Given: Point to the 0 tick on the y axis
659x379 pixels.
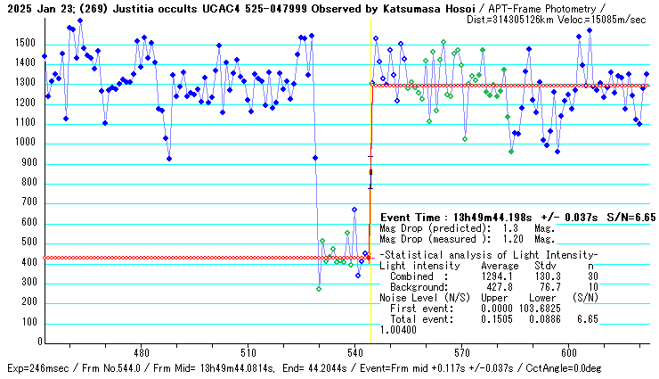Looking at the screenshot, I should pyautogui.click(x=36, y=342).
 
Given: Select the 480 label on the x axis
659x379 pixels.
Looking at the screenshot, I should pyautogui.click(x=141, y=351).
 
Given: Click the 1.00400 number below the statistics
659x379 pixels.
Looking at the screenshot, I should pyautogui.click(x=398, y=329).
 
